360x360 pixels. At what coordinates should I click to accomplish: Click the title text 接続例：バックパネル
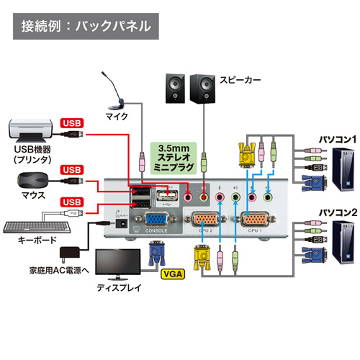click(86, 27)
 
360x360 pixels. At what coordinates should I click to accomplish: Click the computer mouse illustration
click(31, 178)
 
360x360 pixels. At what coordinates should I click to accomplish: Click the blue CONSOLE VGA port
click(158, 221)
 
